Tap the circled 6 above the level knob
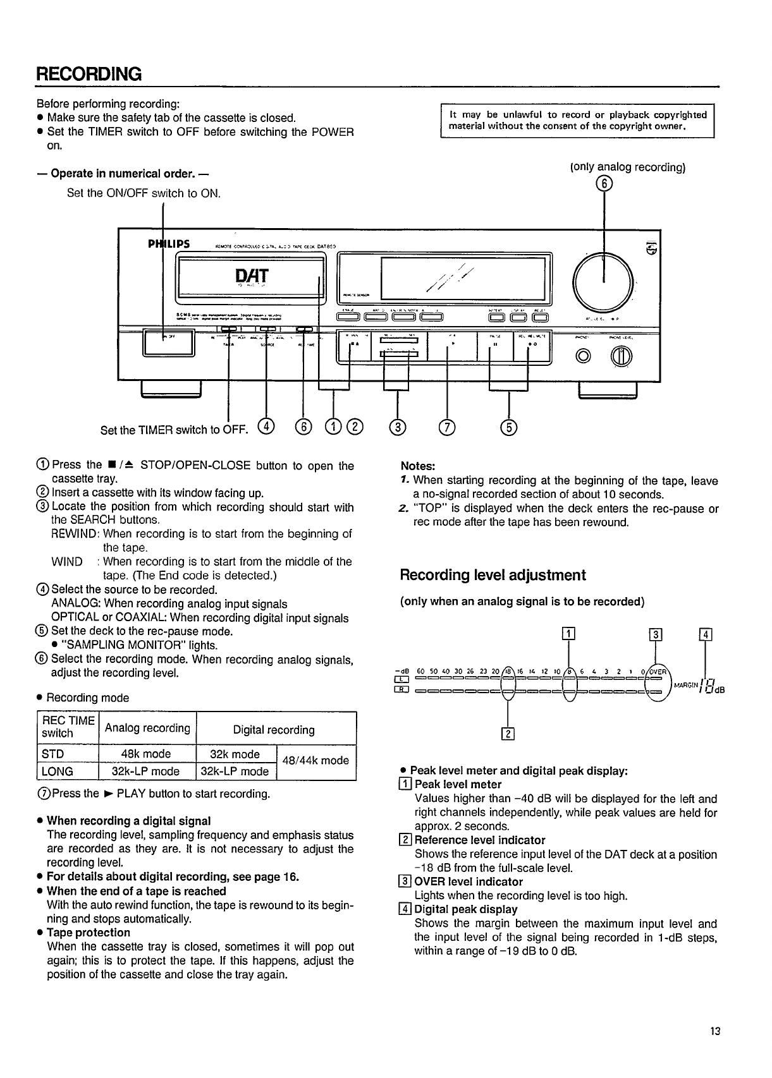point(604,183)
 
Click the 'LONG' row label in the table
point(58,772)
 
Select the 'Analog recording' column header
point(147,728)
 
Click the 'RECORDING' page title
point(89,74)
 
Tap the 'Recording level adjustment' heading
point(493,575)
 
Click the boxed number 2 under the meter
point(507,734)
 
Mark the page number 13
point(714,1032)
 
